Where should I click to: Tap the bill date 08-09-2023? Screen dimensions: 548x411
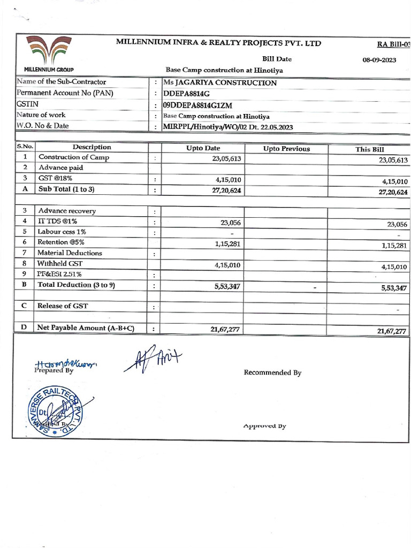click(379, 60)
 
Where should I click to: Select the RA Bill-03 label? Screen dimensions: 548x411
click(394, 44)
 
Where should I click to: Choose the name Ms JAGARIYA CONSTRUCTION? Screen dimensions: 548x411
click(219, 83)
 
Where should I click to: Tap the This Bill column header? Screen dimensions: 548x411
click(369, 149)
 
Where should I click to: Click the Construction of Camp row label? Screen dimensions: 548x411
click(73, 157)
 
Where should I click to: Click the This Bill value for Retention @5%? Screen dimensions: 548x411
click(395, 246)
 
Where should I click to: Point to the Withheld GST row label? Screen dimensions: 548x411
click(60, 263)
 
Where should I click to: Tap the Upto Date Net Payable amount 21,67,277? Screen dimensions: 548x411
click(225, 329)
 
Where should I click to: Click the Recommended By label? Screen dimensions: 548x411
click(272, 372)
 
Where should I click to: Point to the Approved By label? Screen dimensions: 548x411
click(264, 426)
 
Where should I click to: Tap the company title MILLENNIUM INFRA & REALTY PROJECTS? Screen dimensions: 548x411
click(218, 43)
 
